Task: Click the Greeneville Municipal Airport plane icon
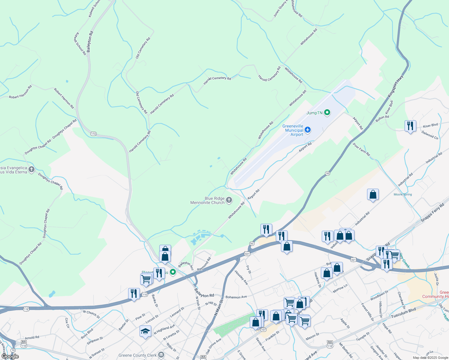pyautogui.click(x=307, y=130)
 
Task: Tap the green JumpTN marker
pyautogui.click(x=327, y=113)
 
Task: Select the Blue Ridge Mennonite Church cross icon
pyautogui.click(x=229, y=200)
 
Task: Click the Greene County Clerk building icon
pyautogui.click(x=161, y=355)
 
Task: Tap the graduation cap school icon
pyautogui.click(x=145, y=331)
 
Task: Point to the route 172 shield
pyautogui.click(x=94, y=133)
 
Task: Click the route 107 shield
pyautogui.click(x=263, y=330)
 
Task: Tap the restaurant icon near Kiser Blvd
pyautogui.click(x=410, y=126)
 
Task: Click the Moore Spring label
pyautogui.click(x=403, y=194)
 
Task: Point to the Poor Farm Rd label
pyautogui.click(x=361, y=149)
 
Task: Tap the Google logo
pyautogui.click(x=10, y=356)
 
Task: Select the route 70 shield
pyautogui.click(x=13, y=350)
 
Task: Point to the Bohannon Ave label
pyautogui.click(x=236, y=297)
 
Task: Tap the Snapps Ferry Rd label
pyautogui.click(x=432, y=213)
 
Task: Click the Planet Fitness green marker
pyautogui.click(x=173, y=272)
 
